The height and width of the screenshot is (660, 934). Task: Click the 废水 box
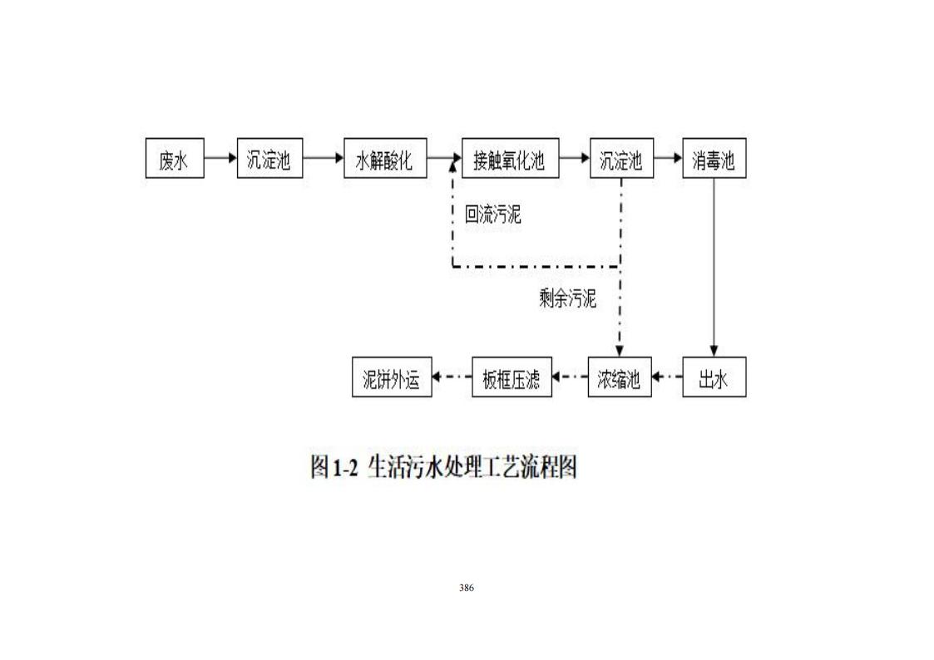pyautogui.click(x=174, y=159)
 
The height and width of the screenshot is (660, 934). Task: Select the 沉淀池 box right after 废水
pyautogui.click(x=269, y=159)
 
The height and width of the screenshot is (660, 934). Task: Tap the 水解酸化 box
pyautogui.click(x=384, y=159)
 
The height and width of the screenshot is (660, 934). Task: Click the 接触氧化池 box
pyautogui.click(x=509, y=159)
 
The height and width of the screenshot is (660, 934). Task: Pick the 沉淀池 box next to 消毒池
pyautogui.click(x=621, y=159)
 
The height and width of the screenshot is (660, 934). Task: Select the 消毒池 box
pyautogui.click(x=714, y=159)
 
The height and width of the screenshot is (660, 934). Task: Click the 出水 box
pyautogui.click(x=714, y=377)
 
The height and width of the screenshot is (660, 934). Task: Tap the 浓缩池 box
pyautogui.click(x=619, y=377)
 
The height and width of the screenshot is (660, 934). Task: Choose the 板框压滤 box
pyautogui.click(x=511, y=377)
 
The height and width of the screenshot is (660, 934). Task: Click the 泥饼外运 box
pyautogui.click(x=392, y=377)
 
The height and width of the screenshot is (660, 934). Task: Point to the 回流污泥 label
pyautogui.click(x=492, y=215)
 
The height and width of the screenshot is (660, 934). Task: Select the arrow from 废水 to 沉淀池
pyautogui.click(x=220, y=158)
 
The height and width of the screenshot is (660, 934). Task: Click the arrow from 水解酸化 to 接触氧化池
pyautogui.click(x=444, y=158)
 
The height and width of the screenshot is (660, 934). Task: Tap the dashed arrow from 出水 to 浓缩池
pyautogui.click(x=666, y=377)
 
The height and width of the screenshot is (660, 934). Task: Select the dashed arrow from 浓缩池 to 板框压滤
pyautogui.click(x=570, y=377)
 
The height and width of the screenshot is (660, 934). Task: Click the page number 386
pyautogui.click(x=467, y=588)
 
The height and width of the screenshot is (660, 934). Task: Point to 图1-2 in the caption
pyautogui.click(x=334, y=467)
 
